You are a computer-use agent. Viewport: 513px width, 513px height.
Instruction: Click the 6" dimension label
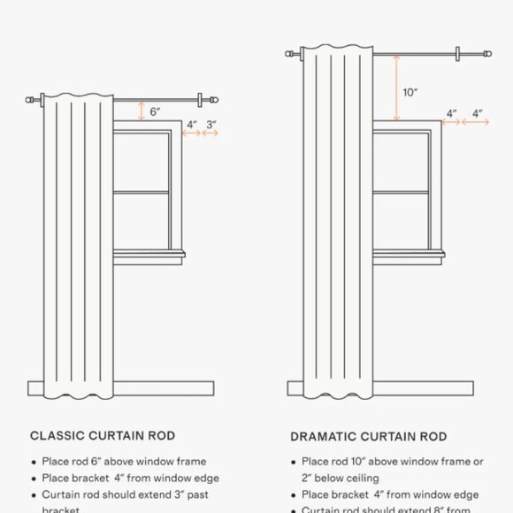point(155,112)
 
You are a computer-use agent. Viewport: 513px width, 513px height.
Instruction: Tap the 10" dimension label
point(410,92)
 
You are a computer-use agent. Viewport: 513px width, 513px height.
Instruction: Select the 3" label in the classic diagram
point(211,125)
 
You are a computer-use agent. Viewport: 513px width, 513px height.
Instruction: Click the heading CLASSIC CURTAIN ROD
point(103,436)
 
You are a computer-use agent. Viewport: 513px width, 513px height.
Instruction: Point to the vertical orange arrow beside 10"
point(397,88)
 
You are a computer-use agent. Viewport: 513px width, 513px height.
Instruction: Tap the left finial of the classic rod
point(33,99)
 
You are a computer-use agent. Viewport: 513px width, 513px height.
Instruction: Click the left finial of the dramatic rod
point(289,55)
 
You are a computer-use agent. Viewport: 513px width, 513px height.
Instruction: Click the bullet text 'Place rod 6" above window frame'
point(124,462)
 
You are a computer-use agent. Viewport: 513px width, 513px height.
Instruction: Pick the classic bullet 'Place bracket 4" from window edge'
point(130,479)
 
